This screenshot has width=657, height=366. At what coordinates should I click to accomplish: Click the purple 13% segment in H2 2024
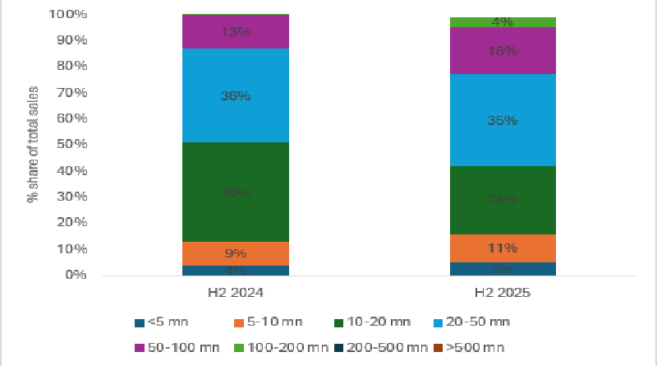236,32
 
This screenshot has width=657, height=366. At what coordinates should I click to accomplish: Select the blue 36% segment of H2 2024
236,95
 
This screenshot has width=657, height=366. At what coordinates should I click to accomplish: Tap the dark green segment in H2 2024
236,192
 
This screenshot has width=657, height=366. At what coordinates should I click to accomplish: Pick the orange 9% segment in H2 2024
236,253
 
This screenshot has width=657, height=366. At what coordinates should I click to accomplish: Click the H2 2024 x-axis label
236,292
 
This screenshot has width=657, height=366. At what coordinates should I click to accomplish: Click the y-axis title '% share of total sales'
34,145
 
